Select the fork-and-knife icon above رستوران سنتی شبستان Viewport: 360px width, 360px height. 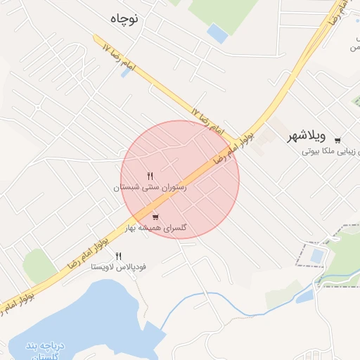click(150, 176)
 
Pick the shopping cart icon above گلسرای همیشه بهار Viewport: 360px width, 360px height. click(155, 216)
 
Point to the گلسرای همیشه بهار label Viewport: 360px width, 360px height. click(156, 228)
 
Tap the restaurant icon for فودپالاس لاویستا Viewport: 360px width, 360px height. click(118, 257)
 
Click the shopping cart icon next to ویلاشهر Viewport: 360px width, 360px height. click(337, 139)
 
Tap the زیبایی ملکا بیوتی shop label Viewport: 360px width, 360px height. click(330, 150)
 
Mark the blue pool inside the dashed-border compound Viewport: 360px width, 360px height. click(317, 255)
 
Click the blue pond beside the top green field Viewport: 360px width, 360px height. click(218, 33)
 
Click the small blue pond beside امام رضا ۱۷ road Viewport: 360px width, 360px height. click(125, 72)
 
